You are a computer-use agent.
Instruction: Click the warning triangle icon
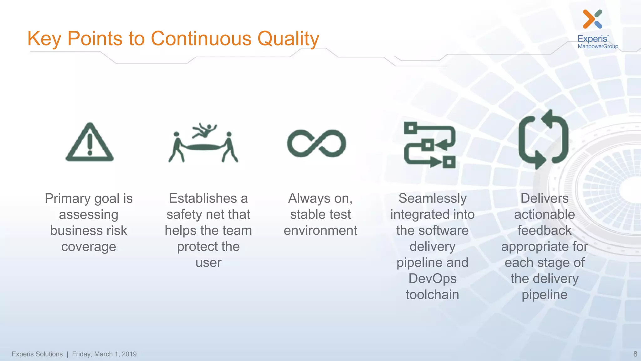coord(90,143)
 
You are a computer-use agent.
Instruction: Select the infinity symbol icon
coord(316,143)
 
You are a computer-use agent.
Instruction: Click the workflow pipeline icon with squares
coord(430,145)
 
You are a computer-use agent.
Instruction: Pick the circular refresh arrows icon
coord(543,140)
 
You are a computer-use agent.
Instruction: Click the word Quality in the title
coord(288,39)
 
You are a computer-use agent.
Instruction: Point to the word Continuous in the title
coord(201,39)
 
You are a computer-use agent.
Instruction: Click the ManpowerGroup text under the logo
coord(598,46)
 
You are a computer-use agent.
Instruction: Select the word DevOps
coord(432,278)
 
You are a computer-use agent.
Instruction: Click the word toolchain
coord(432,295)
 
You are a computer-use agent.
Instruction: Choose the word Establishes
coord(203,198)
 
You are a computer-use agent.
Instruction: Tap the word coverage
coord(89,247)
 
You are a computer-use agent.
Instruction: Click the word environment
coord(320,230)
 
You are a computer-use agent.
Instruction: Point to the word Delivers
coord(544,198)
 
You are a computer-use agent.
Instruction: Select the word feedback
coord(544,230)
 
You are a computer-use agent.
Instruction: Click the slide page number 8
coord(635,354)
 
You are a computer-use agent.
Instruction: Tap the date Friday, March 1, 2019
coord(104,354)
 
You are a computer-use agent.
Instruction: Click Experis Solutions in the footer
coord(37,354)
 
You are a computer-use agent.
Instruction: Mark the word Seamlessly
coord(432,198)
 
